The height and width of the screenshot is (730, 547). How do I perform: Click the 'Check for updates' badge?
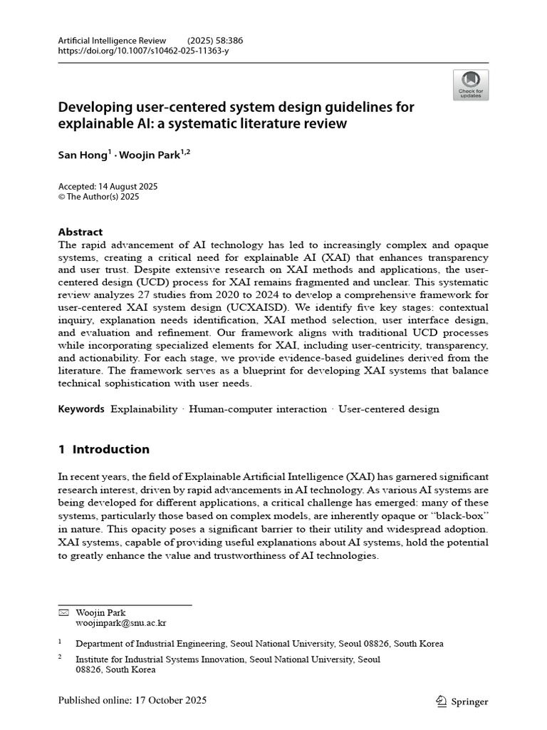tap(470, 85)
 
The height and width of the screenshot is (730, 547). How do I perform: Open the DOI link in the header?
tap(143, 51)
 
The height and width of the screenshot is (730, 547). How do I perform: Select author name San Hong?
tap(82, 155)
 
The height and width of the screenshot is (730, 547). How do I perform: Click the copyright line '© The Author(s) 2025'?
tap(98, 197)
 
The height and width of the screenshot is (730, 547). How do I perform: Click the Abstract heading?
tap(80, 232)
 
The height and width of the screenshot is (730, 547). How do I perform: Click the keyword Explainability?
tap(145, 409)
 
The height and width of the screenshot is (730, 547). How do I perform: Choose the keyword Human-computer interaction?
tap(257, 409)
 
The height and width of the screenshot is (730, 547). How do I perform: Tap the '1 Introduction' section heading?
tap(104, 449)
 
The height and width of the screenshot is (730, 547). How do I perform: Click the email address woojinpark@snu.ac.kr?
tap(120, 622)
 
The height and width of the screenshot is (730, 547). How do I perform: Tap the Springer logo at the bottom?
tap(462, 701)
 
